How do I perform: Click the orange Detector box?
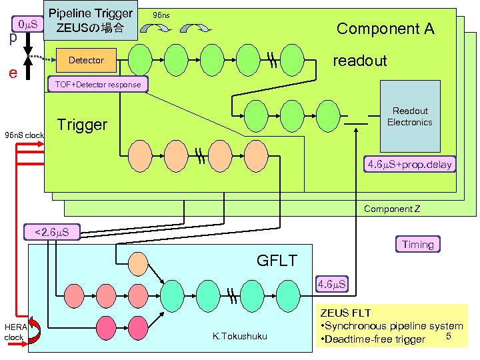[x=86, y=61]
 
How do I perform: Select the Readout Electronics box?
[x=409, y=117]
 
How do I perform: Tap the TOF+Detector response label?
[x=97, y=85]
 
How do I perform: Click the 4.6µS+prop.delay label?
[x=410, y=164]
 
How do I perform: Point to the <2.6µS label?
[x=52, y=233]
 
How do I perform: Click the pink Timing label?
[x=417, y=245]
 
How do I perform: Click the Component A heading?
[x=385, y=28]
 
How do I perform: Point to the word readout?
[x=359, y=61]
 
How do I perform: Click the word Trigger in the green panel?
[x=82, y=125]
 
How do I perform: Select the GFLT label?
[x=277, y=260]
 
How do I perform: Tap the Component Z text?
[x=392, y=209]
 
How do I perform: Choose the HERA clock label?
[x=14, y=331]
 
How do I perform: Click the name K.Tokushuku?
[x=239, y=336]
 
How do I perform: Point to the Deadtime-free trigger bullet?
[x=373, y=339]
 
